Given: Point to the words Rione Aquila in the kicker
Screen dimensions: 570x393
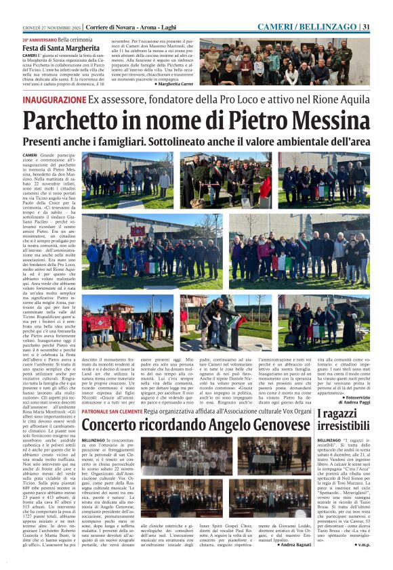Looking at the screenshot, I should (x=339, y=100).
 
